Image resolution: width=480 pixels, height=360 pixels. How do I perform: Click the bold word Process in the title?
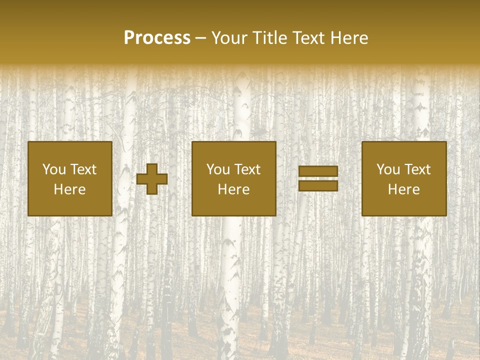pos(157,38)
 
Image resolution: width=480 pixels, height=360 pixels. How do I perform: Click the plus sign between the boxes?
pos(152,179)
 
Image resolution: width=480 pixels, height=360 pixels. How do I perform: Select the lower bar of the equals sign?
pos(318,185)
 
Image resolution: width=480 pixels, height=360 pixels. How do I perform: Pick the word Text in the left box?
pos(83,169)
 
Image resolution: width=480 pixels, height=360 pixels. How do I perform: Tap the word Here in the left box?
pos(69,189)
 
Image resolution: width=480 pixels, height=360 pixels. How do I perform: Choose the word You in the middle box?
pos(218,169)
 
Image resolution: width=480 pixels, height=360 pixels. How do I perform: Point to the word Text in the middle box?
pos(247,169)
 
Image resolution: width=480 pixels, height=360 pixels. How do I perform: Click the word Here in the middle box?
pos(233,189)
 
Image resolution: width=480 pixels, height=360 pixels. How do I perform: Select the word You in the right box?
pos(388,169)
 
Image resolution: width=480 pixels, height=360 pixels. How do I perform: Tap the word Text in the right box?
pos(417,169)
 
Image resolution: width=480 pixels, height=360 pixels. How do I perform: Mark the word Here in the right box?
pos(403,189)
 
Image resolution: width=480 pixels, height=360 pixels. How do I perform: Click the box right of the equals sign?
pos(403,205)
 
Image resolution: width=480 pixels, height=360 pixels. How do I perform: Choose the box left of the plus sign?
pos(69,205)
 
